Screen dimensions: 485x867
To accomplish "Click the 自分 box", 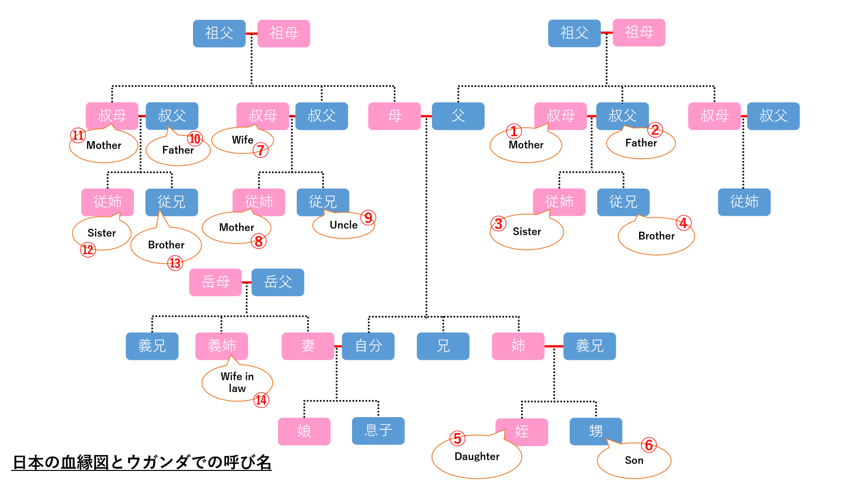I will coord(368,346).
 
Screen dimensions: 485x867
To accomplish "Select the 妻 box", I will coord(308,346).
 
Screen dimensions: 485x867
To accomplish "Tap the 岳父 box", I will coord(278,282).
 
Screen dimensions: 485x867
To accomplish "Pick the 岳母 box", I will coord(215,282).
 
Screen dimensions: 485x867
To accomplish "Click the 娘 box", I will coord(304,431).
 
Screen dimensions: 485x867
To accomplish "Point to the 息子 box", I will coord(378,431).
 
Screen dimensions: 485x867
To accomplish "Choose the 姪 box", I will coord(522,432).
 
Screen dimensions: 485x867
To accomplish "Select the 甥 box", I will coord(595,431).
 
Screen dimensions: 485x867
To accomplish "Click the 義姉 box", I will coord(222,346).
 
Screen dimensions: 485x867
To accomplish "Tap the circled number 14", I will coord(261,400).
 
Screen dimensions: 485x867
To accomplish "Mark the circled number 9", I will coord(369,218).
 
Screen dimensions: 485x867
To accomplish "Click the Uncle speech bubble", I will coord(343,226).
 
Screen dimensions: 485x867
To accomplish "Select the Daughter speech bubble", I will coord(477,457).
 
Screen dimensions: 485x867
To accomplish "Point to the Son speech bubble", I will coord(634,461).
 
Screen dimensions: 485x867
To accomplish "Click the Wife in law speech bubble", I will coord(237,383).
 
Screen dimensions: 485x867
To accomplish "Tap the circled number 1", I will coord(514,131).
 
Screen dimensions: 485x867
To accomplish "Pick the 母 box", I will coord(394,116).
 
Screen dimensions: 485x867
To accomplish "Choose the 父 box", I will coord(458,116).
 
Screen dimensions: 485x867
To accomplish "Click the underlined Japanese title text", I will coord(142,462).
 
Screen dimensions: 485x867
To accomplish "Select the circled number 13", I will coord(175,263).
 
